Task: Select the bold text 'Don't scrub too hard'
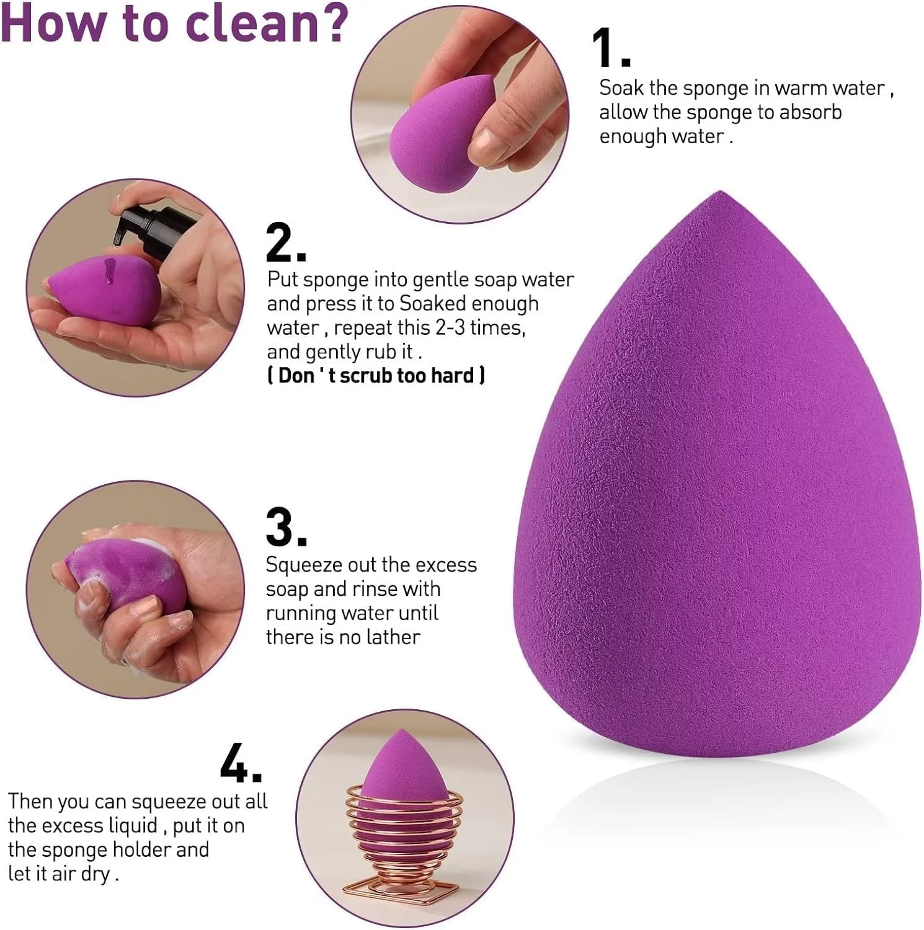[x=376, y=376]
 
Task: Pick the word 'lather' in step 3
[x=393, y=637]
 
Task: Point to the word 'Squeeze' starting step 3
[x=304, y=565]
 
